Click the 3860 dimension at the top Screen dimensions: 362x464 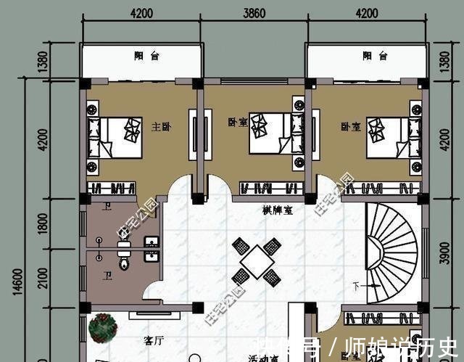coord(254,12)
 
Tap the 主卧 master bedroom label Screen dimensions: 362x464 coord(161,127)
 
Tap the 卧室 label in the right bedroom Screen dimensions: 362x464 coord(351,127)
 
